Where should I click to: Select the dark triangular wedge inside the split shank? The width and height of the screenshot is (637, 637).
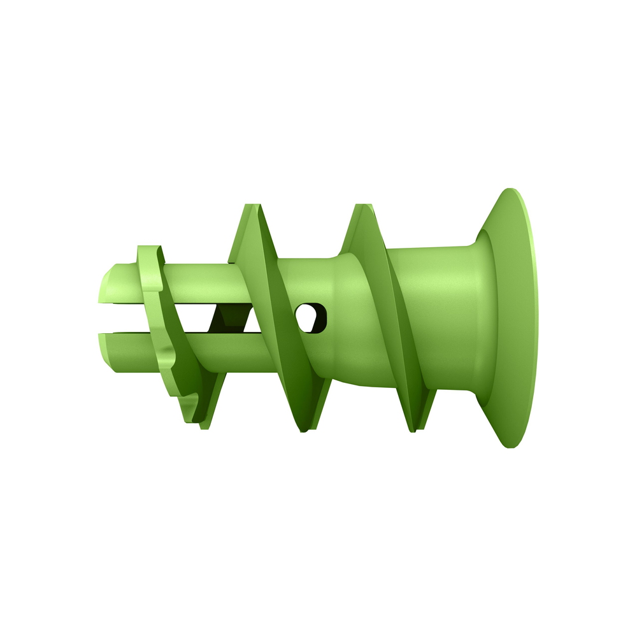click(x=229, y=317)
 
